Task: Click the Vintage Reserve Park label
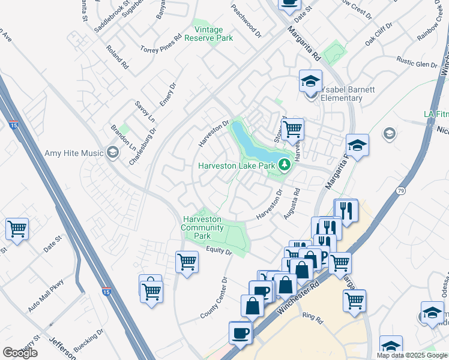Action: [x=212, y=32]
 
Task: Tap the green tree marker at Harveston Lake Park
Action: [x=284, y=166]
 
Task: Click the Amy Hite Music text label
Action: [x=74, y=153]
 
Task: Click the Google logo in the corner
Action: [x=20, y=352]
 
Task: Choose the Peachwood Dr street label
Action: [x=247, y=22]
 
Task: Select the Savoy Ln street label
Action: [x=145, y=111]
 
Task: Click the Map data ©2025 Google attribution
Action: [x=412, y=355]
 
